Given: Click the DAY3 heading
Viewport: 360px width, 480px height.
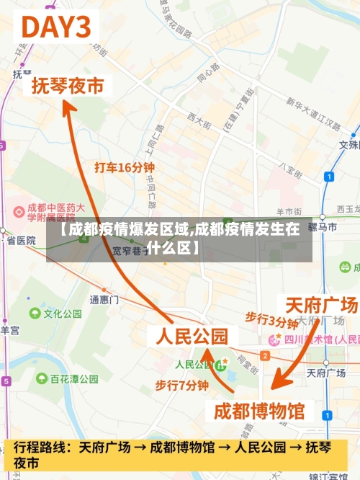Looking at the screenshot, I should (58, 29).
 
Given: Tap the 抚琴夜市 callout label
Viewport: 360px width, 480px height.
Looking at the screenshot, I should (68, 86).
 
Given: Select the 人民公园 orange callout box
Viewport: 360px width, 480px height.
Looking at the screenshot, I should (188, 336).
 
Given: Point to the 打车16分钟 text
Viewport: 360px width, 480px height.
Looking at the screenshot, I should (125, 167).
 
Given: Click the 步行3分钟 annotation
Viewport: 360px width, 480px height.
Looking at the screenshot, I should (271, 319).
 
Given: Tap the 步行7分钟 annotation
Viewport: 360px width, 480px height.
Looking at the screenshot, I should (182, 386).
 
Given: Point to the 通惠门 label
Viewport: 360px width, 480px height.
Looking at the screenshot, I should (104, 299).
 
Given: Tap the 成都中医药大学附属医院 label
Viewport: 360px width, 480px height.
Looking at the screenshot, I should (50, 211).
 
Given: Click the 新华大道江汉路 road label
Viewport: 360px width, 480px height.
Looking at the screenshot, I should (313, 114).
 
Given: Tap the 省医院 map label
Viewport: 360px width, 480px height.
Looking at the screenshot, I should (21, 240).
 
